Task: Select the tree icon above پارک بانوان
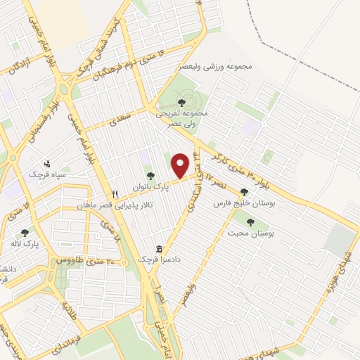pos(148,176)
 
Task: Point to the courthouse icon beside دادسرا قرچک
pos(159,250)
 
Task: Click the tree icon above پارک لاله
pos(25,233)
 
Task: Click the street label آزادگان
pos(18,65)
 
